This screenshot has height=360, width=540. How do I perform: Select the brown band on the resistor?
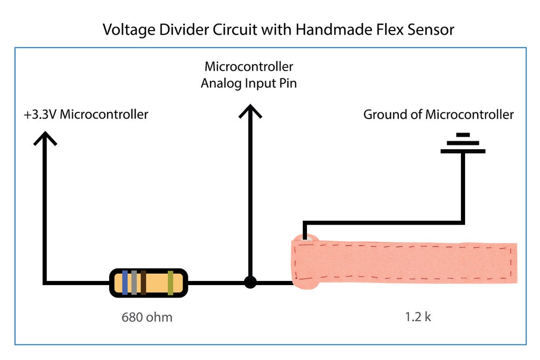(x=143, y=283)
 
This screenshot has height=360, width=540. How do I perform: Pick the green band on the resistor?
(x=170, y=283)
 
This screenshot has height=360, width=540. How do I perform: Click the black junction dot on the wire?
(x=250, y=283)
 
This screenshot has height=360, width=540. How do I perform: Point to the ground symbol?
(x=462, y=143)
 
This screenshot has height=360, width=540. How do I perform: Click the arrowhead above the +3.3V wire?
(x=46, y=139)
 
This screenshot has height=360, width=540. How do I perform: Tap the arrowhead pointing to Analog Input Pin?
(x=250, y=112)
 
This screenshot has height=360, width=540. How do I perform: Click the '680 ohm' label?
(x=147, y=318)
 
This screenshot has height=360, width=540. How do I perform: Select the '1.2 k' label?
(x=418, y=318)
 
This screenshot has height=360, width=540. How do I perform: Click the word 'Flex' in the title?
(x=382, y=30)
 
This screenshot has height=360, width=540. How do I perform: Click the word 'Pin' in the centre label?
(x=287, y=83)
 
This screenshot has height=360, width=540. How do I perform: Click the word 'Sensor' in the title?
(x=428, y=30)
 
